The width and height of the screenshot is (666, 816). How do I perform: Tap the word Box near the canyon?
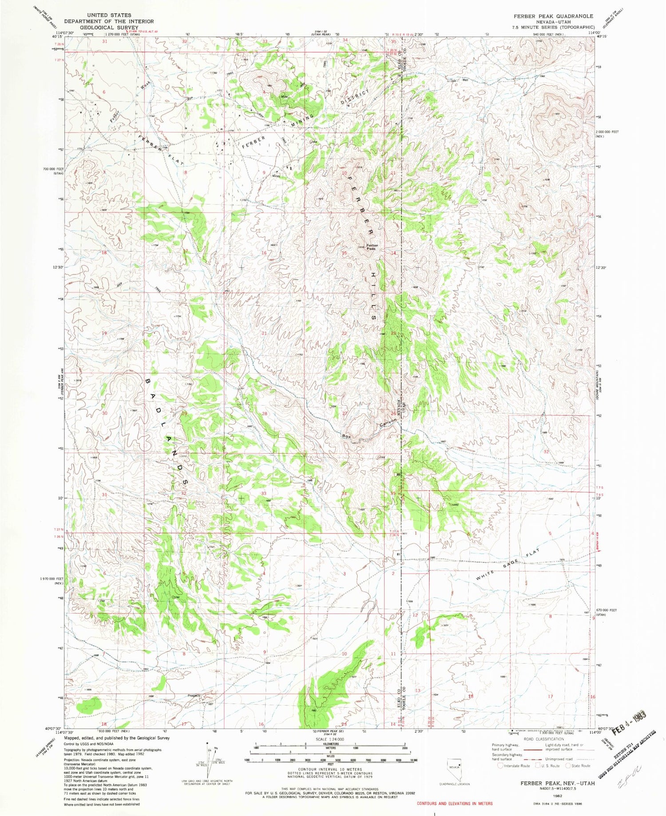[347, 436]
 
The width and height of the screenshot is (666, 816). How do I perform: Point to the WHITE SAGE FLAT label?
[507, 564]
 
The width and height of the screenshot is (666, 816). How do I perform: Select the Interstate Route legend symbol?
[500, 765]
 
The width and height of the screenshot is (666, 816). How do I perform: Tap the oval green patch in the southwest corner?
[89, 705]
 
